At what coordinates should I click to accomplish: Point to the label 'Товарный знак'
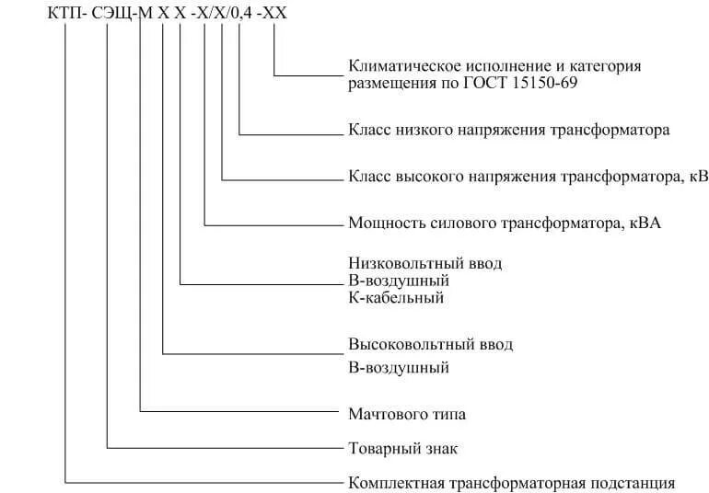402,448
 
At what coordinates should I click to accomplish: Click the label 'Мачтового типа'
406,414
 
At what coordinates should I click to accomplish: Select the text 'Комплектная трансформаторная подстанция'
512,482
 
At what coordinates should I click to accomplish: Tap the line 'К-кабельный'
396,297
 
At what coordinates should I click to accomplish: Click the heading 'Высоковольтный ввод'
430,344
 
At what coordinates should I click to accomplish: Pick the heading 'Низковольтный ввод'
425,263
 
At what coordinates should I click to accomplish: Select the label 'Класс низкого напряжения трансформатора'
509,130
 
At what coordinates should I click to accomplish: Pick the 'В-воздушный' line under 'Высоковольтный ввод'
398,368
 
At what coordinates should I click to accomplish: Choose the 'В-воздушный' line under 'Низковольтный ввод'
398,280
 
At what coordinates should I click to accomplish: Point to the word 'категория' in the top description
609,66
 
